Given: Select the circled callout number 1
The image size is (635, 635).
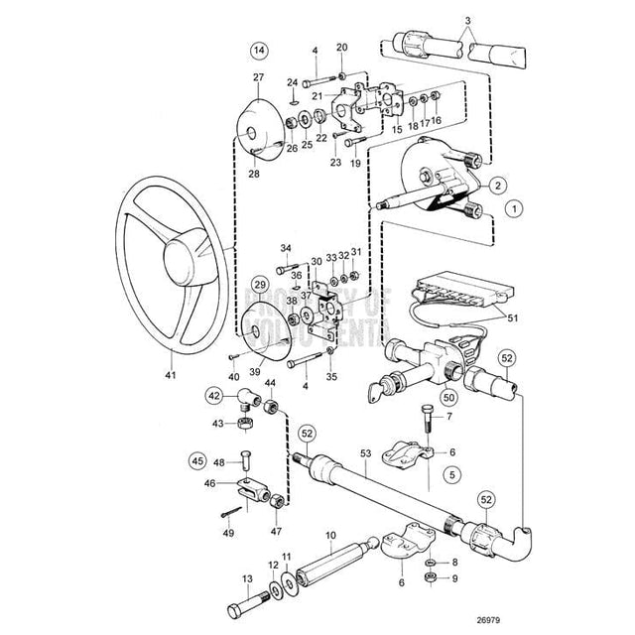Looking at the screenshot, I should point(512,209).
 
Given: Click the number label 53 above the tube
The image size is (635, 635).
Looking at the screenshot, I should point(365,452).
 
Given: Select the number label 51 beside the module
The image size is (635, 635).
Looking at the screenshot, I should point(513,318).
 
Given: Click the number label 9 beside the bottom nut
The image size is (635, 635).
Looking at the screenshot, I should point(455,578).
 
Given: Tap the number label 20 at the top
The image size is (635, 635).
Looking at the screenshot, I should point(342,48).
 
